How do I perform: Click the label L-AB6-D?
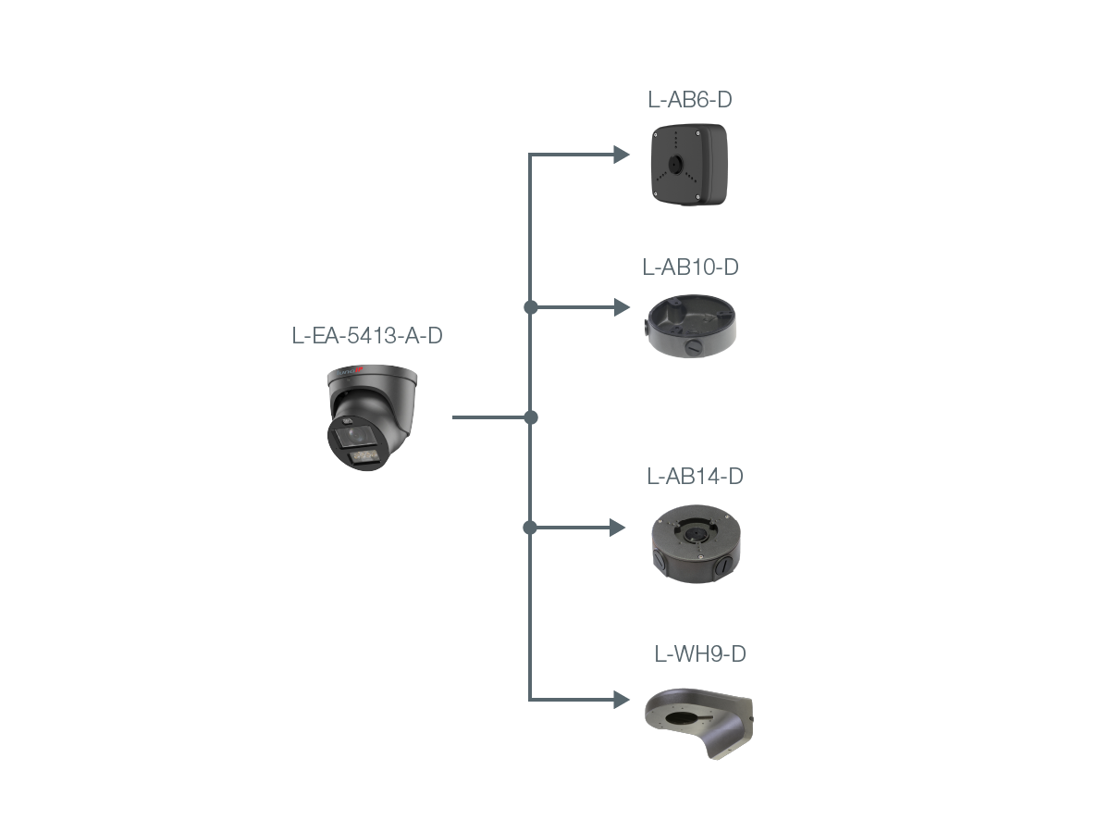[x=689, y=100]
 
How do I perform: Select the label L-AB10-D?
[x=690, y=267]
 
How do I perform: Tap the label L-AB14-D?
[x=695, y=476]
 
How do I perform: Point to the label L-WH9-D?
[x=700, y=654]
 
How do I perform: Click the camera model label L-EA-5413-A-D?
[x=367, y=335]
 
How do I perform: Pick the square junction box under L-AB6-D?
[x=690, y=165]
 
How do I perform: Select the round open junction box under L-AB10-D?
[x=691, y=325]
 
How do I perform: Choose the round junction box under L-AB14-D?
[x=696, y=543]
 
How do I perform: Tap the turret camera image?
[x=372, y=417]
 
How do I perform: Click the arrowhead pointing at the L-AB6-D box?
[x=622, y=155]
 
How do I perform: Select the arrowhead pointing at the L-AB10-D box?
[x=622, y=307]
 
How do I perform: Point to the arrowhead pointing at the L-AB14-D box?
[x=618, y=528]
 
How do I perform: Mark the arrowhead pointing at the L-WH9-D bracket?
[x=622, y=700]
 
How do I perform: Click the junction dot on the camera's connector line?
[x=531, y=417]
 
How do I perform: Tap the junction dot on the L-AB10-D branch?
[x=530, y=307]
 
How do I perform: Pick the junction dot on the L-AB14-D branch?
[x=529, y=528]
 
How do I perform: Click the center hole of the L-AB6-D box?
[x=675, y=163]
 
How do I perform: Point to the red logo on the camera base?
[x=358, y=369]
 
